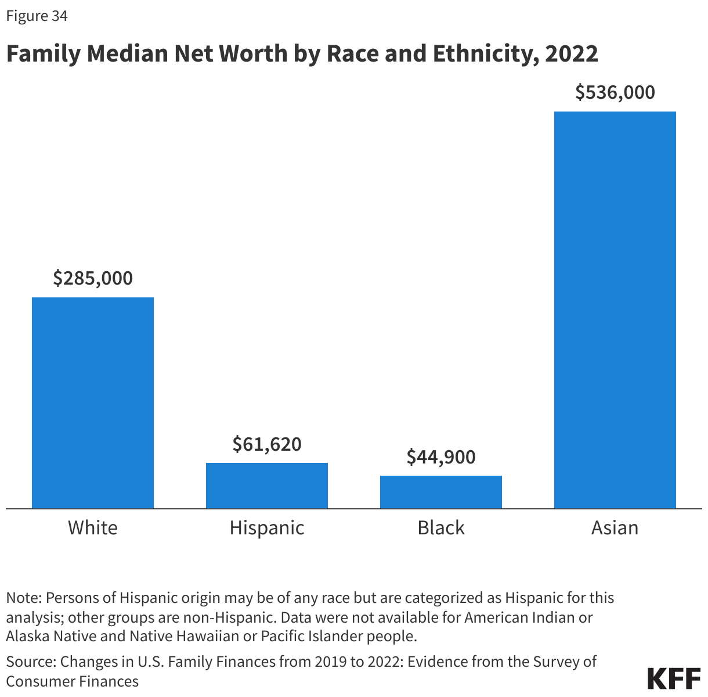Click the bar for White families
pyautogui.click(x=93, y=403)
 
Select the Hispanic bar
pyautogui.click(x=267, y=486)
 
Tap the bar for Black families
pyautogui.click(x=441, y=492)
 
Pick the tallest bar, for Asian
pyautogui.click(x=615, y=310)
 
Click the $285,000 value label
pyautogui.click(x=93, y=278)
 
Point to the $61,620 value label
pyautogui.click(x=267, y=444)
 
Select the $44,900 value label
pyautogui.click(x=441, y=457)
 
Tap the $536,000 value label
pyautogui.click(x=615, y=92)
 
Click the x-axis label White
pyautogui.click(x=93, y=528)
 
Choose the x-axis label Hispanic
pyautogui.click(x=267, y=528)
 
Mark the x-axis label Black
pyautogui.click(x=441, y=528)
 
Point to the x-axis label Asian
pyautogui.click(x=615, y=528)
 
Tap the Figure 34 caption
pyautogui.click(x=37, y=16)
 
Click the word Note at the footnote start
pyautogui.click(x=23, y=598)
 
